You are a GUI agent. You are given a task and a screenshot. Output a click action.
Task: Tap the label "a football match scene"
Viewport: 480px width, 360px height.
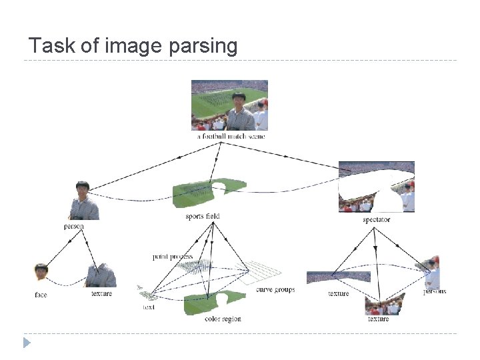(231, 136)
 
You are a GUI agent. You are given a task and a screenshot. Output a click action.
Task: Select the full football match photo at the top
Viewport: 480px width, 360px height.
(229, 105)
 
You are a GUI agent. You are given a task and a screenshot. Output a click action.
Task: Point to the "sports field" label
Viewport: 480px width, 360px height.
(203, 216)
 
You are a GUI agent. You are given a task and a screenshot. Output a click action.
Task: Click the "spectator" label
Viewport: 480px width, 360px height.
(377, 219)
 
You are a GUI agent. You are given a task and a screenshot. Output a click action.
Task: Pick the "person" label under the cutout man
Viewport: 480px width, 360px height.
(73, 227)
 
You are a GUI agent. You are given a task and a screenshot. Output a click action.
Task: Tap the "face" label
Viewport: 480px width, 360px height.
(41, 294)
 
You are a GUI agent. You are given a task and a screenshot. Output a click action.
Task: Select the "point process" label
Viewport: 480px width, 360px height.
(172, 257)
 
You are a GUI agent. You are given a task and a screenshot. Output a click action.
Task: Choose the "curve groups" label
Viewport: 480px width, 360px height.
(275, 290)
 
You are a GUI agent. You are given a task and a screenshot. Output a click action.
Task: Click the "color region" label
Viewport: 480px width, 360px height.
(223, 319)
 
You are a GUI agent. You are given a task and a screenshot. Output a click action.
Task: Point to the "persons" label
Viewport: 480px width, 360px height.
(435, 291)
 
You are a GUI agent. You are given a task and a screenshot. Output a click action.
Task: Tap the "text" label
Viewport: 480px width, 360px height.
(149, 307)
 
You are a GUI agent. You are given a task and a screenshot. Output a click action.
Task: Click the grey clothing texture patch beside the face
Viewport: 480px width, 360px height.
(101, 275)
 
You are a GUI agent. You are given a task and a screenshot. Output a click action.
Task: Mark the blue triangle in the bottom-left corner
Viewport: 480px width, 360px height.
(27, 343)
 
